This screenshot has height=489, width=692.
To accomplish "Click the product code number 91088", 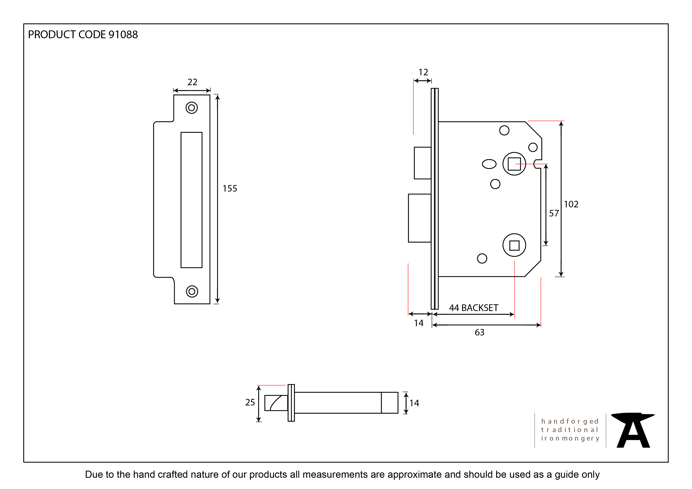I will point(123,35).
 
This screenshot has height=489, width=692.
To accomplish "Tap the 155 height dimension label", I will point(230,188).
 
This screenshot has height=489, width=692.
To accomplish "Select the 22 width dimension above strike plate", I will point(192,82).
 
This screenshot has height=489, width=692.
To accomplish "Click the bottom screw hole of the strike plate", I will point(192,292).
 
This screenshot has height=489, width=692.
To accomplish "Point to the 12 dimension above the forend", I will point(423,72).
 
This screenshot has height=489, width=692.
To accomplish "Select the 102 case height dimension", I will point(571,204).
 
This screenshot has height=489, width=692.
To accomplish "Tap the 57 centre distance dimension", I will point(554,213).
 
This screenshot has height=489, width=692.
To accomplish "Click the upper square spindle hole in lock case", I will point(514,164).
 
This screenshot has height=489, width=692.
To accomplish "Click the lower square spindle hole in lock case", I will point(514,245).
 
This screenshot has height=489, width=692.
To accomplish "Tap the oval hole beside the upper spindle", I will point(489,164).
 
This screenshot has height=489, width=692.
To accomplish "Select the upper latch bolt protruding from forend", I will point(422,163).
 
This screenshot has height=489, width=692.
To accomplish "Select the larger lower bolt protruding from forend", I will point(420,218).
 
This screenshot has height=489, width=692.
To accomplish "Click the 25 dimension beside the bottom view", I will point(250,402).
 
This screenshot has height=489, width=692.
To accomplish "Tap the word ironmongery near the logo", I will point(570,438).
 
